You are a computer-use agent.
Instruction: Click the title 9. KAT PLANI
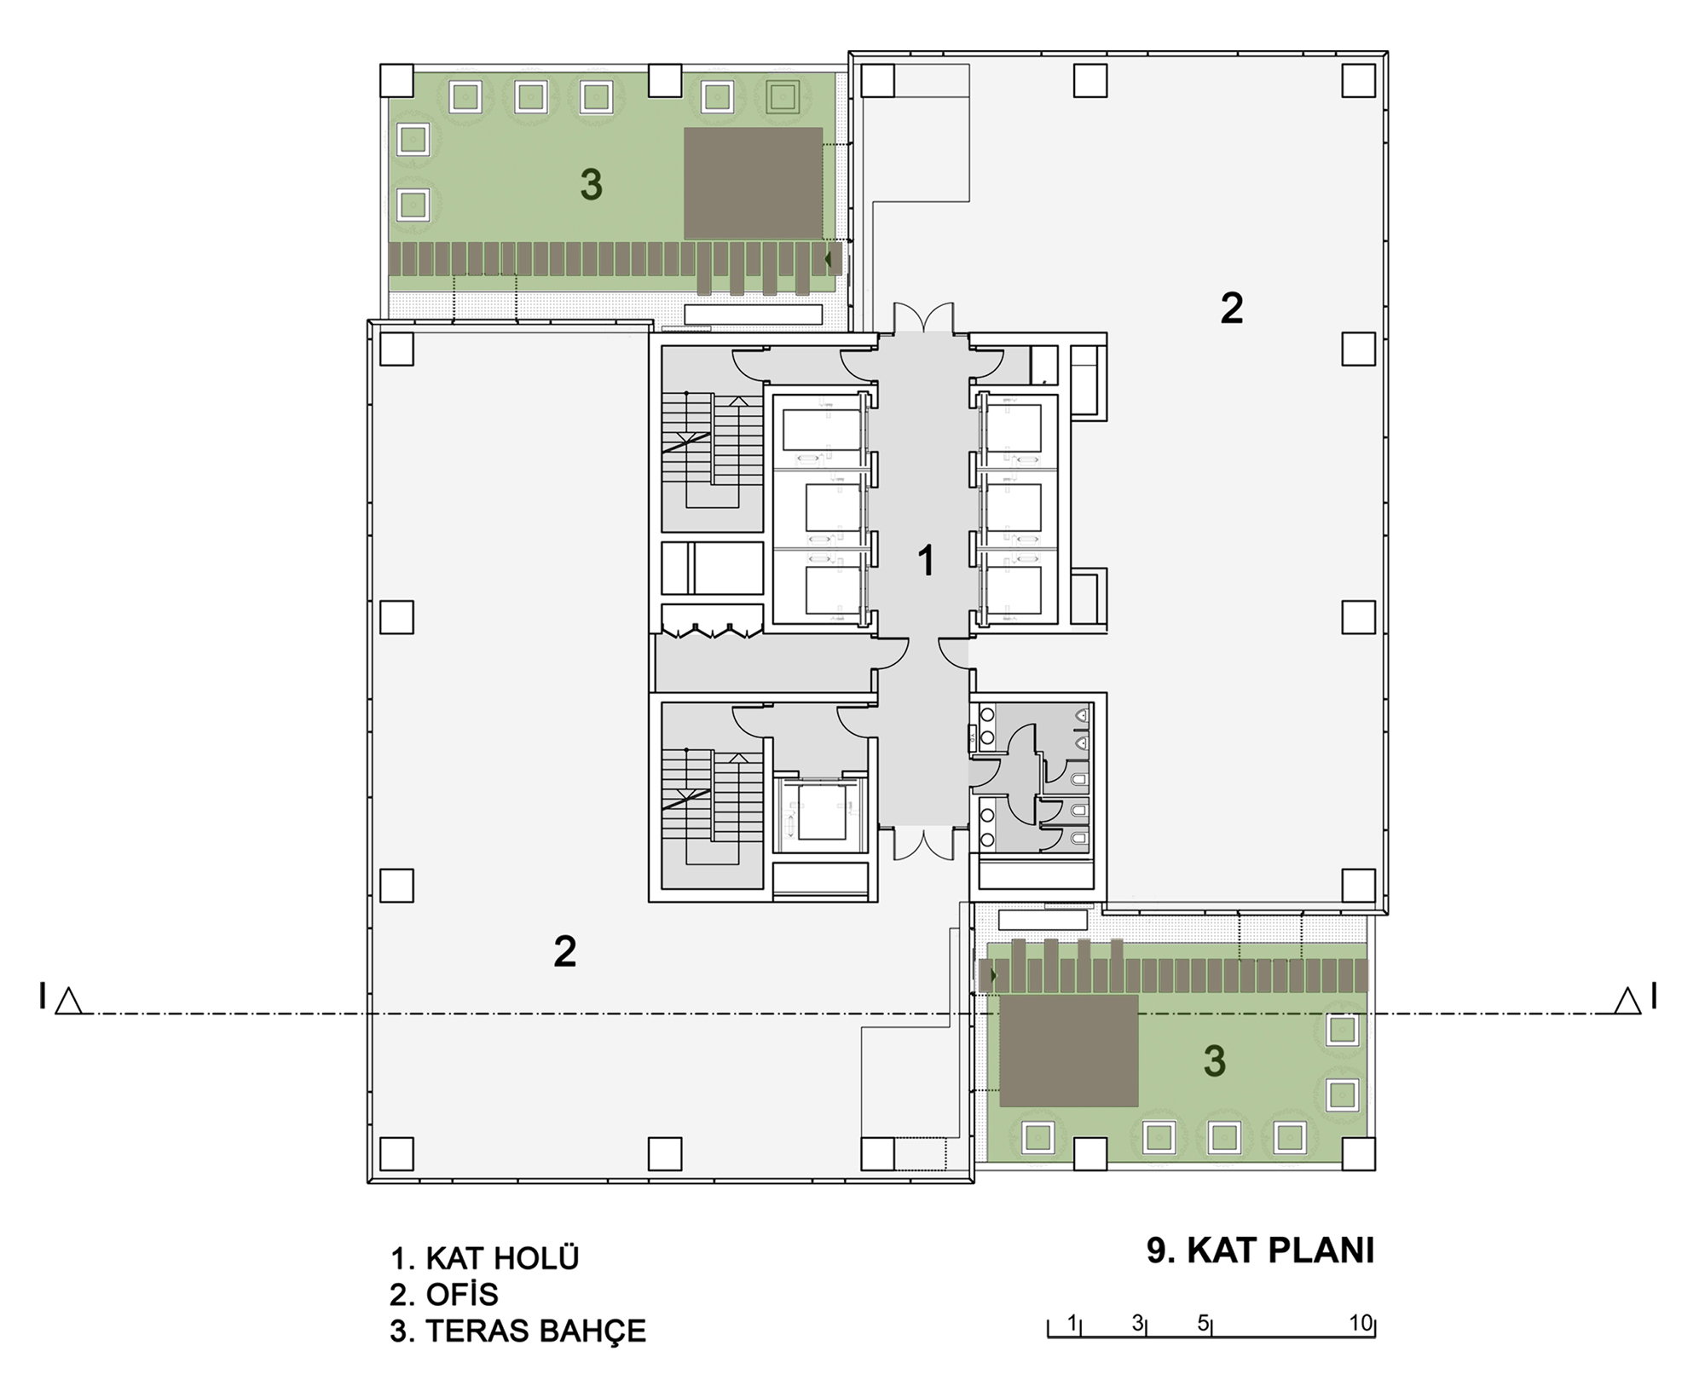(1260, 1250)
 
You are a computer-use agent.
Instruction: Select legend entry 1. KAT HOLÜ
(484, 1258)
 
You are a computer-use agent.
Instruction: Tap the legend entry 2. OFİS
(443, 1295)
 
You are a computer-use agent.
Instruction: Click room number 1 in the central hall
(926, 562)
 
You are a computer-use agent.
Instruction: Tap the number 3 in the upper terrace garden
(591, 184)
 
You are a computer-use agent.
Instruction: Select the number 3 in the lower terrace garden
(1214, 1061)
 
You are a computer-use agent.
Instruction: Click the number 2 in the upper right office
(1231, 309)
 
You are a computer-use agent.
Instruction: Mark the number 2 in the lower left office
(564, 951)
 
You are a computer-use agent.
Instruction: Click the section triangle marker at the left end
(68, 1001)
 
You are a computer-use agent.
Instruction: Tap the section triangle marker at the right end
(1628, 1001)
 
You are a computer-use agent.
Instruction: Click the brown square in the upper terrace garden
(753, 183)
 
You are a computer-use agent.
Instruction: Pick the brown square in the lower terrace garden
(1069, 1050)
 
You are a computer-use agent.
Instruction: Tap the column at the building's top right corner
(1359, 81)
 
